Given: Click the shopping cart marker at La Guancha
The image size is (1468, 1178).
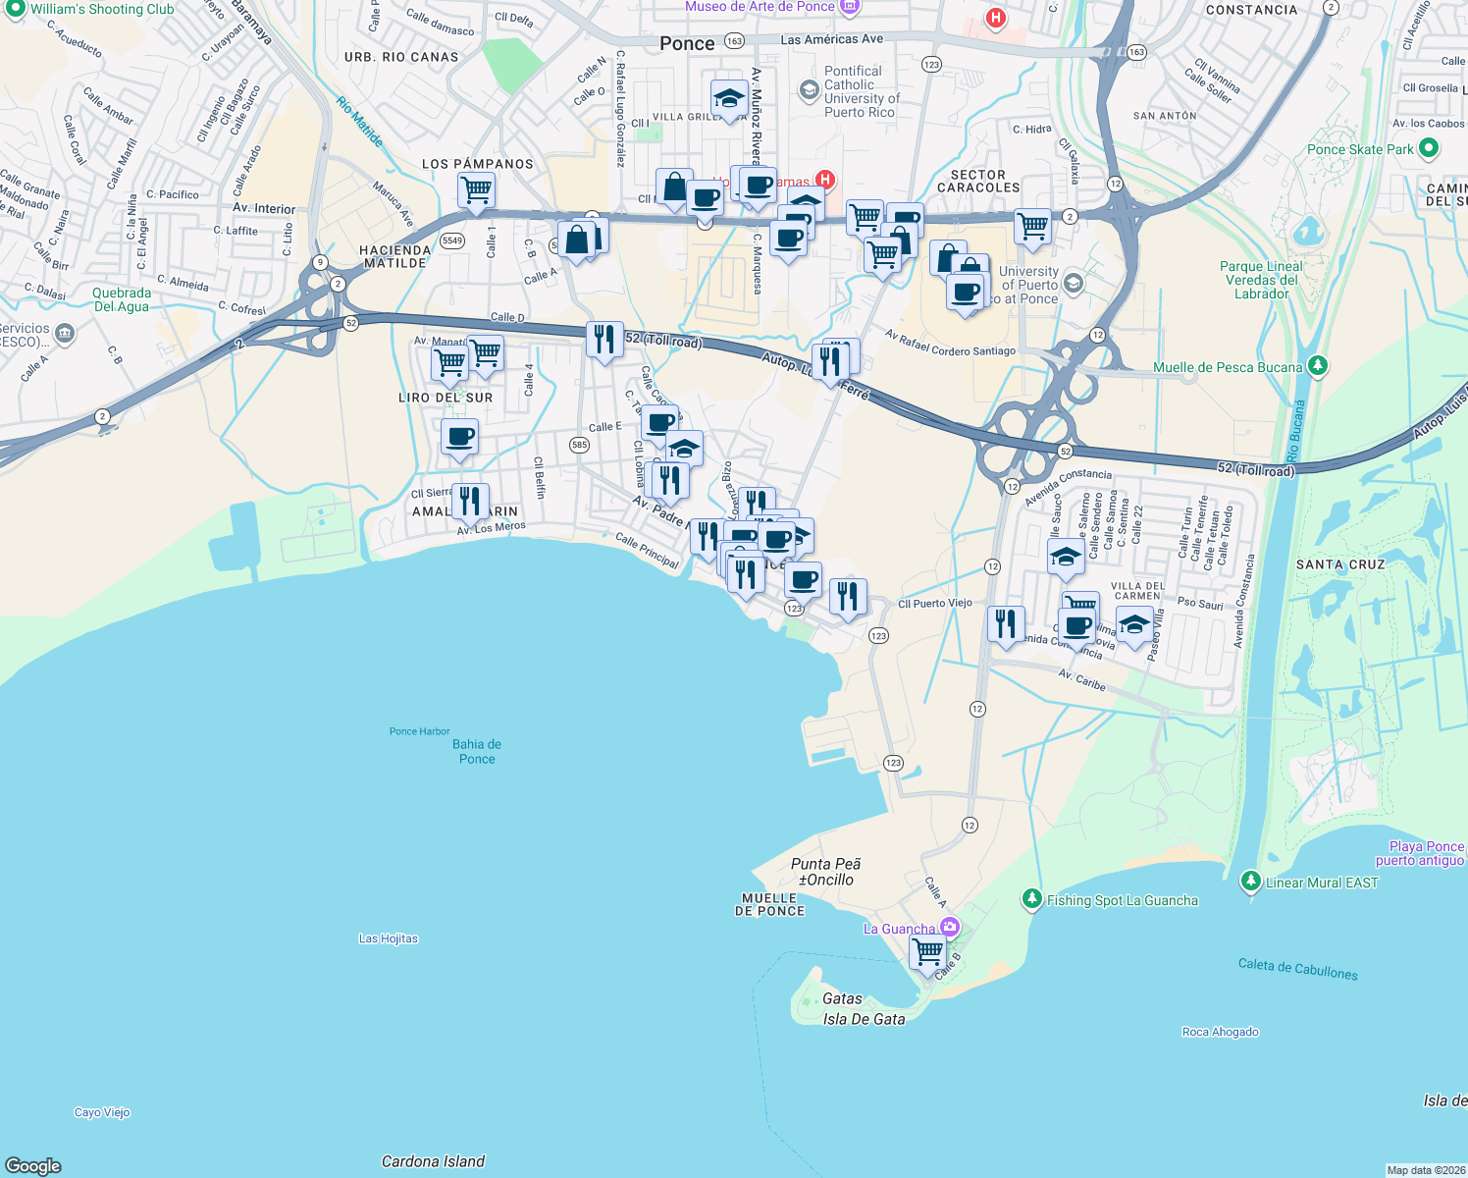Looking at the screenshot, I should (927, 951).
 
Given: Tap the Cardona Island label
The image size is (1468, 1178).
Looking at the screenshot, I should (433, 1161).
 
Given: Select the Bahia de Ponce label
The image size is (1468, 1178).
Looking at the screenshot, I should (477, 751).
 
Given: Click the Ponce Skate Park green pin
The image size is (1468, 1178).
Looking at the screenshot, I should (1429, 148).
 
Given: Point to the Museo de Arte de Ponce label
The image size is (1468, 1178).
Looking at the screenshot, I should (760, 7).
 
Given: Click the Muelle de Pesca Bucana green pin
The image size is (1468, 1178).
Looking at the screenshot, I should (1318, 366).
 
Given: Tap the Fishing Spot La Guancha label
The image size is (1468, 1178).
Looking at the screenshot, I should (1122, 900).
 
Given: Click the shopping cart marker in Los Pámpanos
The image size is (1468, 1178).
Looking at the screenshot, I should (476, 189).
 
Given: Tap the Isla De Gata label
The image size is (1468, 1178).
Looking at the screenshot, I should (864, 1019).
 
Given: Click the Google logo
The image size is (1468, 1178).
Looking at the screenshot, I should (33, 1165).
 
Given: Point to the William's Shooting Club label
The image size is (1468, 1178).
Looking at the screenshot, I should (101, 9).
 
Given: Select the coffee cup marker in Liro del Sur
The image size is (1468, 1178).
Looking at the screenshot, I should (459, 436).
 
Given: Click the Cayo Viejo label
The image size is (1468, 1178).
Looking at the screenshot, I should (102, 1112).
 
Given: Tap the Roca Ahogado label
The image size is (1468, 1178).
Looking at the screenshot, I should (1220, 1032).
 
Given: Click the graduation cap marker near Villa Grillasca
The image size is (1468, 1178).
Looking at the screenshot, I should (729, 98).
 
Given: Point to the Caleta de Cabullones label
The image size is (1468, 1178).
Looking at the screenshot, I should (1297, 969).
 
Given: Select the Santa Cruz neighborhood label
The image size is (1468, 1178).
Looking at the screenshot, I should (1339, 564).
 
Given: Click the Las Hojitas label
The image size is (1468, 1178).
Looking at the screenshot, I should (388, 938).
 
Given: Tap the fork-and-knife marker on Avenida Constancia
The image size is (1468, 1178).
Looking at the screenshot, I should (1006, 623).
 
